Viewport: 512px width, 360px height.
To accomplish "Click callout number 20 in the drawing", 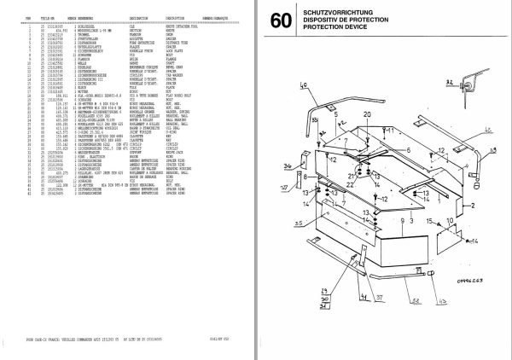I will click(393, 113).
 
